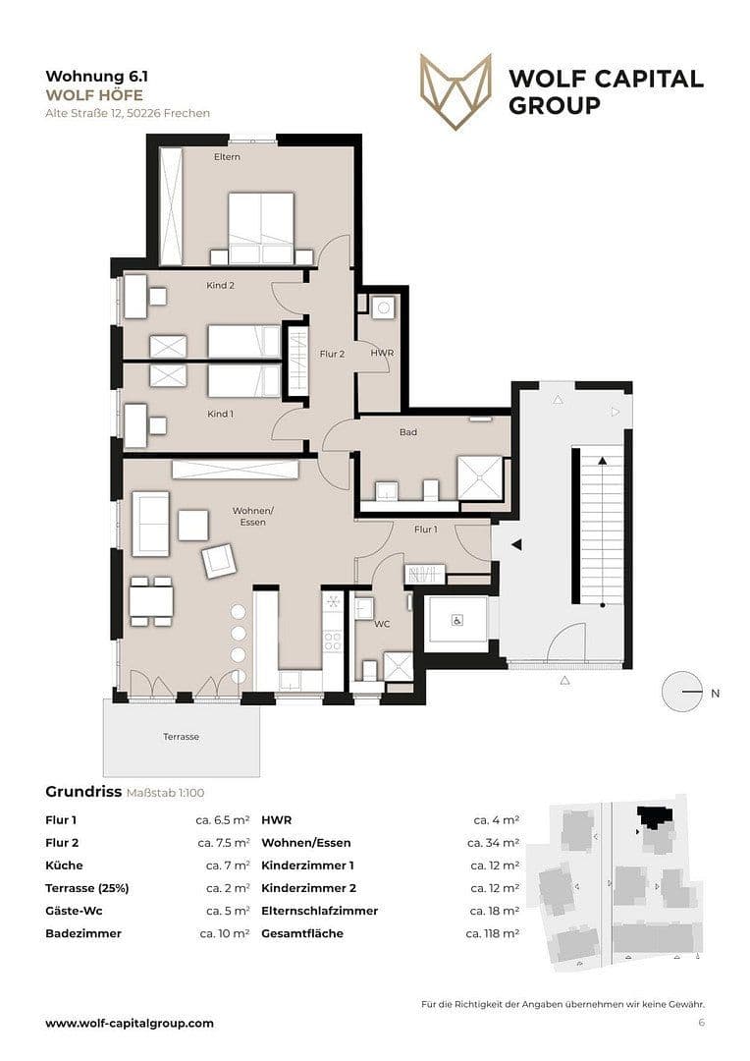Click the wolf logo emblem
tap(455, 91)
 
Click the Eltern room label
tap(227, 157)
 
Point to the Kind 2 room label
tap(220, 286)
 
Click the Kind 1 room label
tap(220, 414)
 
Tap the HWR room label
tap(381, 353)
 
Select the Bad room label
tap(408, 432)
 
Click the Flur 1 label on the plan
tap(425, 530)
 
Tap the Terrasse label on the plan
tap(181, 736)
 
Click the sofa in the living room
tap(150, 526)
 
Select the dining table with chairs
tap(151, 600)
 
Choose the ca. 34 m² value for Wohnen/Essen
tap(493, 843)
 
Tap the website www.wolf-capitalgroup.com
tap(129, 1023)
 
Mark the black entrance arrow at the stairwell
tap(514, 544)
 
